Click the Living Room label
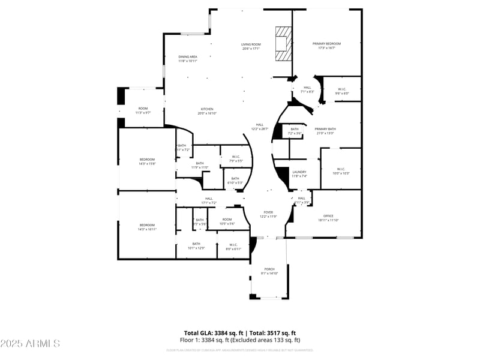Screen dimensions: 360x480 point(251,46)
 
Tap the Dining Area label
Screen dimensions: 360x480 point(187,58)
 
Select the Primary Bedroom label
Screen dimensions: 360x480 point(326,46)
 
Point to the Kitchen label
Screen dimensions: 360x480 point(207,111)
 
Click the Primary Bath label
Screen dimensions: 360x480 point(325,131)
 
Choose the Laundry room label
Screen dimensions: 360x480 point(299,174)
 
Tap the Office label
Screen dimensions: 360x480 point(328,218)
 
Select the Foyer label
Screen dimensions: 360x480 point(268,214)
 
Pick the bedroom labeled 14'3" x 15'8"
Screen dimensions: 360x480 point(147,161)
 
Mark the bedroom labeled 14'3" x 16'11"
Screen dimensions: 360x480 point(147,227)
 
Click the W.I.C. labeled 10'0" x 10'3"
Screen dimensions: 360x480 point(341,171)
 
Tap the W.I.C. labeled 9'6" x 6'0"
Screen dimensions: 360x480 point(341,91)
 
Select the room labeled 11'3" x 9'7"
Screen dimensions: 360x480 point(143,110)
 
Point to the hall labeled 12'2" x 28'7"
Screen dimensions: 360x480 point(260,127)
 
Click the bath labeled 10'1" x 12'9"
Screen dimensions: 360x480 point(196,245)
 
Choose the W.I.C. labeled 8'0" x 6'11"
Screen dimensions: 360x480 point(233,246)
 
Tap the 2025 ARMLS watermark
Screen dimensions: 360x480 point(30,343)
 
